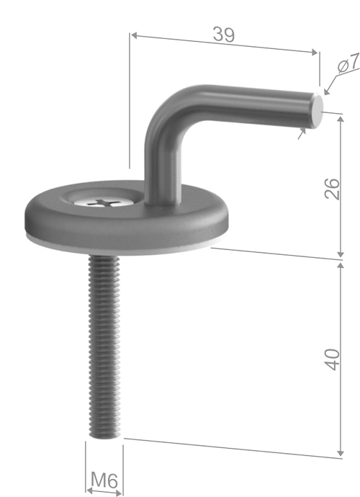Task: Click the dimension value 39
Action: tap(224, 34)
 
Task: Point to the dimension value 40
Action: tap(332, 358)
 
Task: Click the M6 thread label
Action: tap(104, 479)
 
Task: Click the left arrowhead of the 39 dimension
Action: tap(134, 34)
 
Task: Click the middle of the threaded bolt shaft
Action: tap(104, 346)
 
